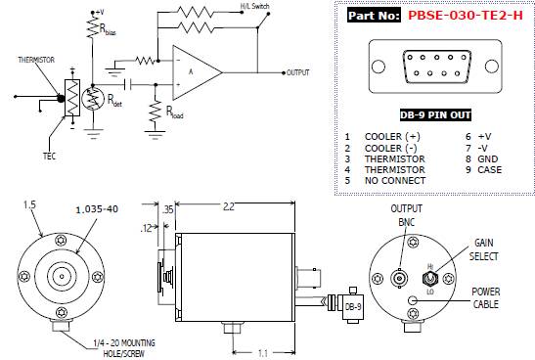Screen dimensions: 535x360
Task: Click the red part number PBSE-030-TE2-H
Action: [x=466, y=16]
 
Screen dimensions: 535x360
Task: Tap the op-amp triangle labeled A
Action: [x=198, y=72]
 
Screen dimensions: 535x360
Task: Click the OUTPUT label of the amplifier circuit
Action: [x=298, y=72]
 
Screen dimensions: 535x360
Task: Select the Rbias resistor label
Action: [x=108, y=29]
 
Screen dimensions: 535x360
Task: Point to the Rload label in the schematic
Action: [x=174, y=112]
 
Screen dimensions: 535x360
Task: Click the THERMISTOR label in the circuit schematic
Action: [x=36, y=60]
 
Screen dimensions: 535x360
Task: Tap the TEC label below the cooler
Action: [x=49, y=157]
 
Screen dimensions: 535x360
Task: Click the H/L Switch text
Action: [x=255, y=6]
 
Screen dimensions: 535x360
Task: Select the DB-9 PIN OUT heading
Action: [x=435, y=115]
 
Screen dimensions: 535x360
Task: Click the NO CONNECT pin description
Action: [x=395, y=181]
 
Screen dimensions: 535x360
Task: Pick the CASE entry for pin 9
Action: [x=490, y=169]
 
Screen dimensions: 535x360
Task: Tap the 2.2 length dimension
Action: [x=229, y=206]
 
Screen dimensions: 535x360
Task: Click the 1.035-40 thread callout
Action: [x=97, y=209]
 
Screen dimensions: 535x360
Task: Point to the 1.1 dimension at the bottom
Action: [x=262, y=353]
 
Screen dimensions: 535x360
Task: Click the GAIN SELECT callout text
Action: [x=483, y=249]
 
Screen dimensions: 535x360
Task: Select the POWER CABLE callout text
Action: [x=485, y=298]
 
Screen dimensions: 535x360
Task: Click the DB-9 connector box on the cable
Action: [x=353, y=307]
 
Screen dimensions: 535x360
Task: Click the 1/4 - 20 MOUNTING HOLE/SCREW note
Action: [x=124, y=348]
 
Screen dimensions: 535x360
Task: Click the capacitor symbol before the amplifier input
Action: [x=128, y=84]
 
